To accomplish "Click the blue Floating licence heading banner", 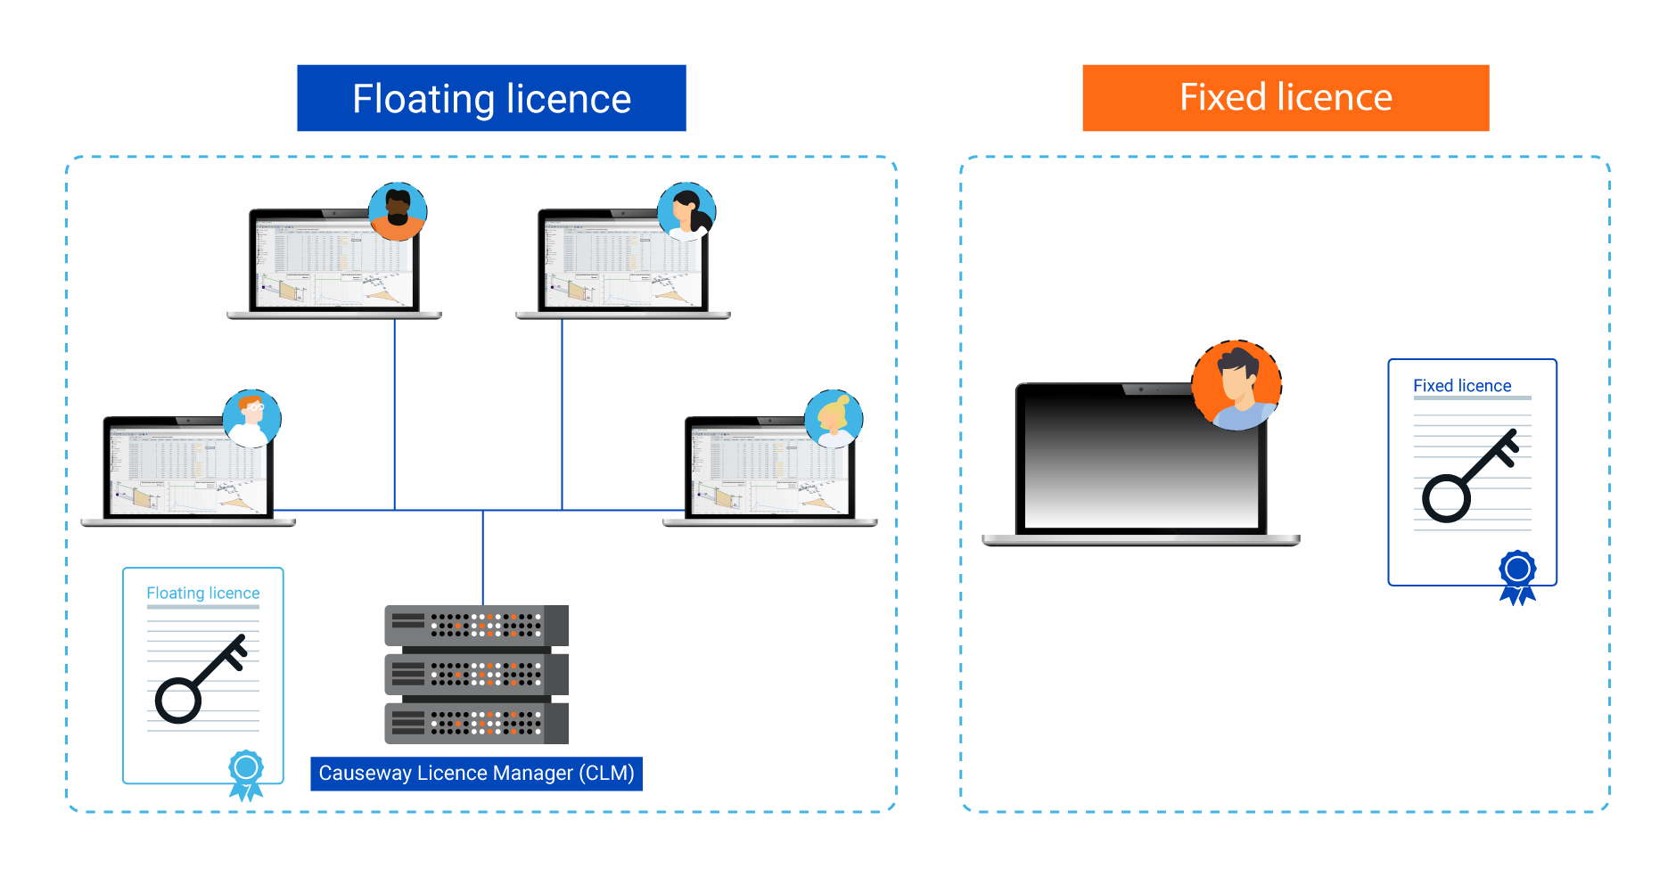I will coord(491,98).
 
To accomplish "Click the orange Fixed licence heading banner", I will coord(1285,98).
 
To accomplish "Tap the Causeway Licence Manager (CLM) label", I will coord(476,774).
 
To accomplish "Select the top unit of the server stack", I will coord(475,626).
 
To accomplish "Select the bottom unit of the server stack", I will coord(475,724).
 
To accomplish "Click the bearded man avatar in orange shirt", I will coord(398,211).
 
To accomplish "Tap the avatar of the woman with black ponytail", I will coord(686,211).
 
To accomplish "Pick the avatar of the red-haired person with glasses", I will coord(251,418).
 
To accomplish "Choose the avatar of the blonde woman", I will coord(834,418).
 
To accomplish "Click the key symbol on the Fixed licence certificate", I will coord(1467,477).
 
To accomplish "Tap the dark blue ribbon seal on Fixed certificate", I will coord(1517,575).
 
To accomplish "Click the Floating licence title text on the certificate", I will coord(202,593).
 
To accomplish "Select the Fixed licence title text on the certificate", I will coord(1462,386).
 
